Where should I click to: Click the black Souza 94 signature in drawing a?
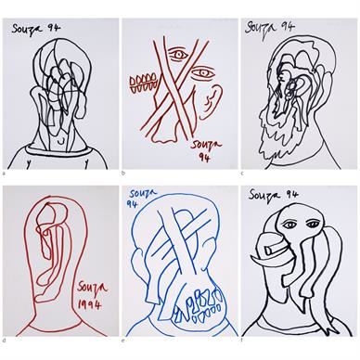tap(36, 30)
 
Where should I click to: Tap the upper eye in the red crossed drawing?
tap(178, 55)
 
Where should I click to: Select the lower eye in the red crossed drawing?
tap(201, 73)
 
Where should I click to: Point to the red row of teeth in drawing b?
tap(143, 84)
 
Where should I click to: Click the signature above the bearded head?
tap(270, 29)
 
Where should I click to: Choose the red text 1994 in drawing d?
tap(89, 305)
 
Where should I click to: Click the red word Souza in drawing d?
tap(92, 289)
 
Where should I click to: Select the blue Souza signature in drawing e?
tap(143, 198)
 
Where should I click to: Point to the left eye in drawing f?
tap(289, 225)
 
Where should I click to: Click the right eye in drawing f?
tap(312, 224)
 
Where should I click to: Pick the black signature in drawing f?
tap(274, 195)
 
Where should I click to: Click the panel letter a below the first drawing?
tap(4, 174)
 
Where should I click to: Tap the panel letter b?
tap(123, 174)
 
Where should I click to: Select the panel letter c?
tap(242, 174)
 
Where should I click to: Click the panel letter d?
tap(4, 341)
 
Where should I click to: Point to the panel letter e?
tap(123, 341)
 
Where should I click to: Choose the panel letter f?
tap(242, 341)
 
